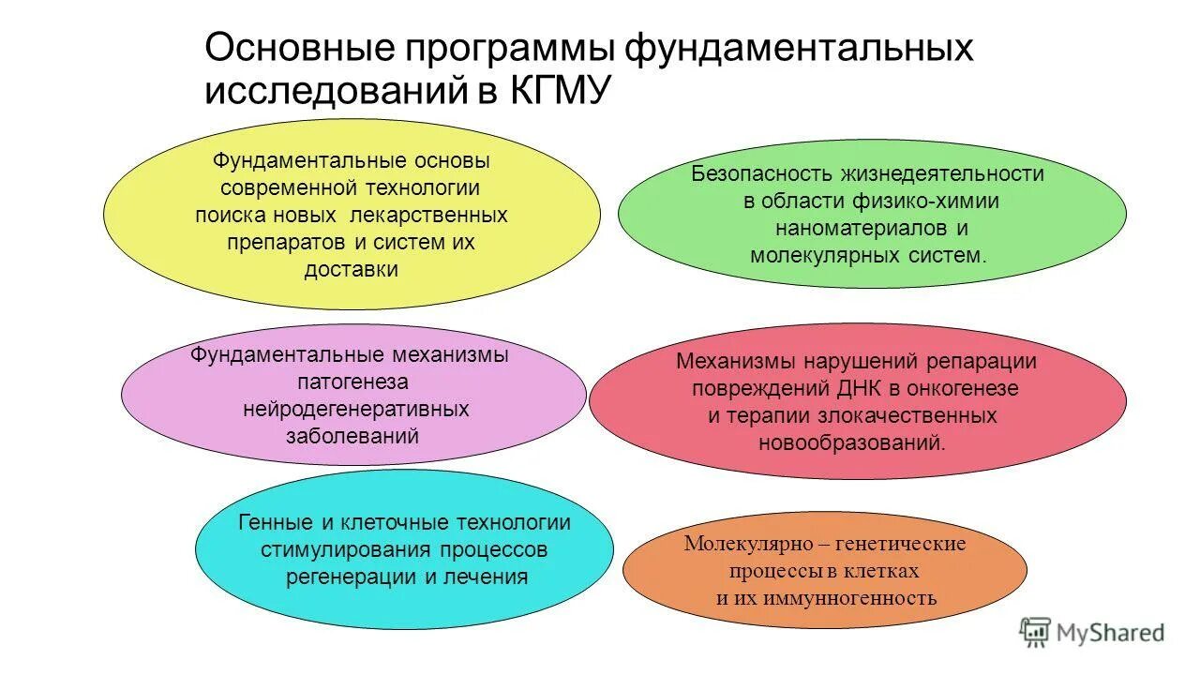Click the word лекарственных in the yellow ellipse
(428, 216)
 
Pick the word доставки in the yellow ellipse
(352, 270)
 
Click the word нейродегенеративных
(355, 410)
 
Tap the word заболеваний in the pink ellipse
(352, 437)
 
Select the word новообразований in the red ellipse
(852, 442)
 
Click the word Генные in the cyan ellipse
(272, 523)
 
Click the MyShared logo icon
(1035, 632)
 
